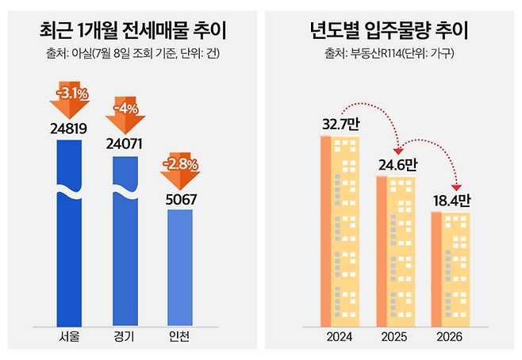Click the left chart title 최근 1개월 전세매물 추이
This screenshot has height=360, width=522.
(x=132, y=33)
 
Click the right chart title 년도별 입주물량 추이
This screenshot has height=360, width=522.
(x=389, y=33)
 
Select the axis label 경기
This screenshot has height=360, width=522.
(x=125, y=339)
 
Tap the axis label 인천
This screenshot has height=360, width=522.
(x=181, y=339)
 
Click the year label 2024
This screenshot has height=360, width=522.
(x=340, y=339)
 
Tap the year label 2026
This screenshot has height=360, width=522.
(x=450, y=339)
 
